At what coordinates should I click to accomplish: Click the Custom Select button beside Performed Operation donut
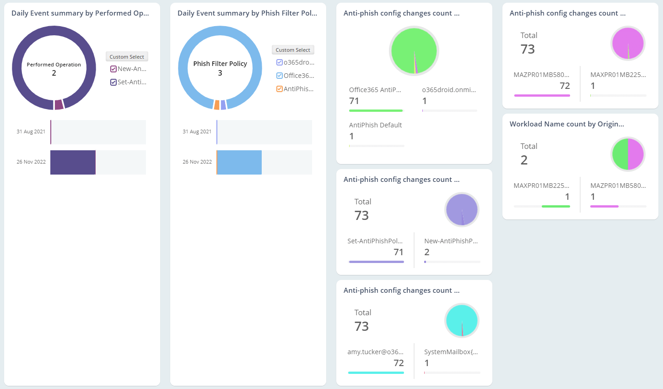127,57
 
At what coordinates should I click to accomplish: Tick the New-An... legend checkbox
113,69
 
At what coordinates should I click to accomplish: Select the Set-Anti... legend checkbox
113,82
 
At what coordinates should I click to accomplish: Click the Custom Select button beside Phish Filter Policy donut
293,50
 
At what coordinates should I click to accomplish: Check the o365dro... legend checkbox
280,63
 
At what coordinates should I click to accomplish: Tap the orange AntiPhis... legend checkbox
280,89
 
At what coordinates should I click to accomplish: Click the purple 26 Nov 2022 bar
73,163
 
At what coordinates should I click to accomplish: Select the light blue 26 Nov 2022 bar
239,163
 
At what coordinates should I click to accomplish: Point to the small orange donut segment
217,105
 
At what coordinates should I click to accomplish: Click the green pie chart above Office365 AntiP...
414,51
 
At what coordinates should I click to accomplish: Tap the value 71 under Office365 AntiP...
354,101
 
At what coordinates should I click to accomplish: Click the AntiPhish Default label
375,125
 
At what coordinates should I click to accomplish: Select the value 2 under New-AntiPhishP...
427,252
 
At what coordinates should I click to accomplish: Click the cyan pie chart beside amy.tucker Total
462,320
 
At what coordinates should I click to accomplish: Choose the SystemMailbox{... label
451,352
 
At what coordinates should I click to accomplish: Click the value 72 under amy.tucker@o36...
399,363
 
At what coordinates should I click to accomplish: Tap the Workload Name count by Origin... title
566,124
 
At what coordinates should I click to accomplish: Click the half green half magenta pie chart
628,154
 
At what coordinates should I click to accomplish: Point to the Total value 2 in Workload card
524,160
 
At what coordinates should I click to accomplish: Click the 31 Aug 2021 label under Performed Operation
31,132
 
